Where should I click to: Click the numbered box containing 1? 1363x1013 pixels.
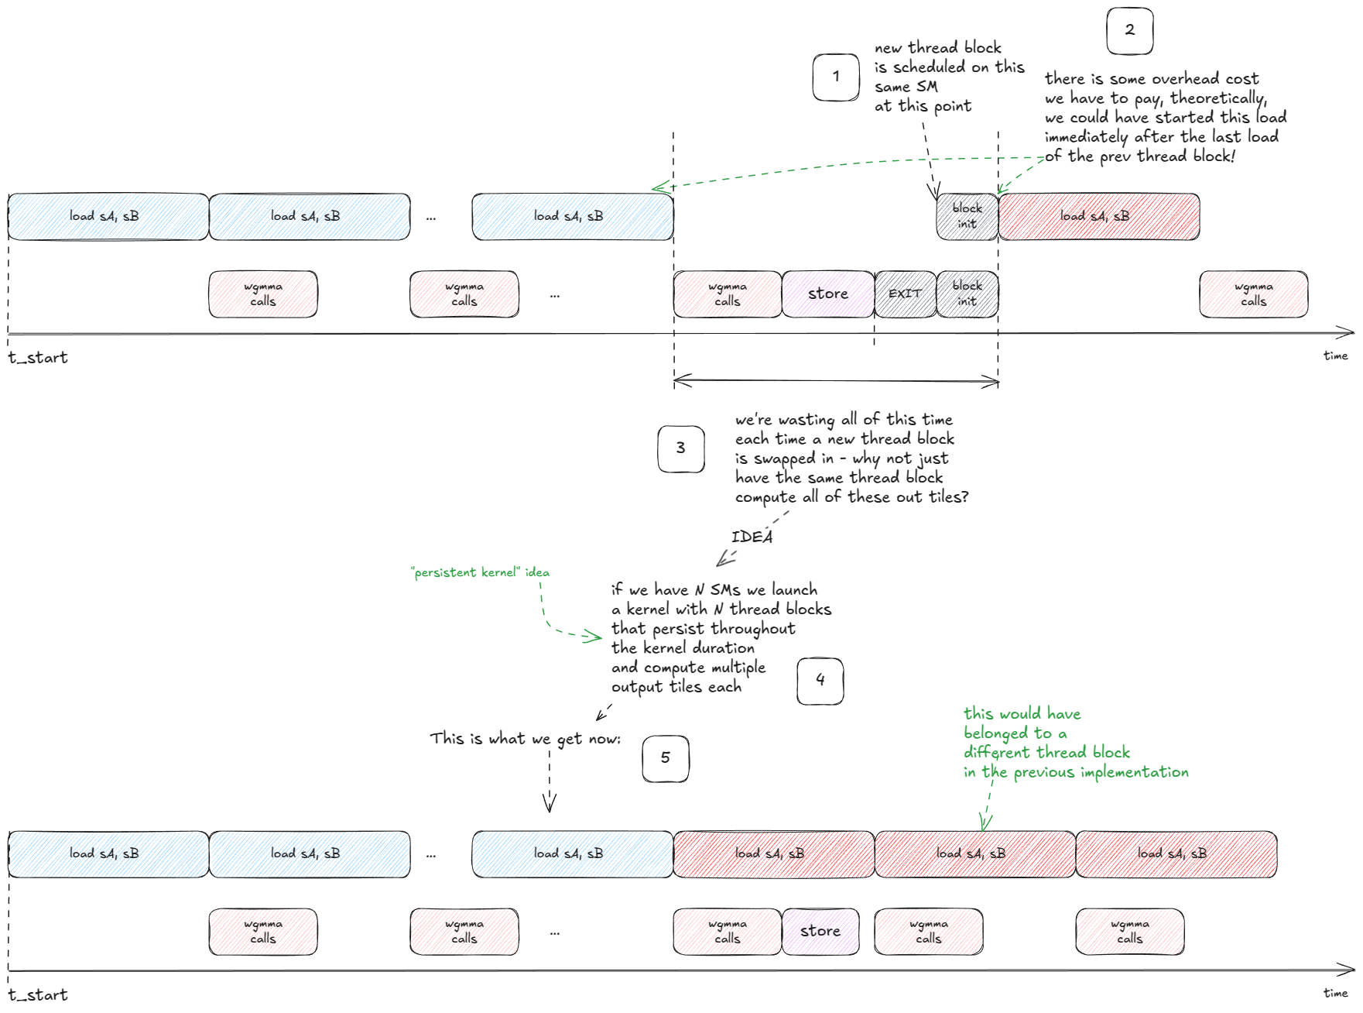click(836, 77)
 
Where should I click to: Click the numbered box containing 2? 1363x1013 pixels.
click(1130, 31)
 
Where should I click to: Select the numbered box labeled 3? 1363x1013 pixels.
click(680, 448)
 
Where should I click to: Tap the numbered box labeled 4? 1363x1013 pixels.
click(820, 681)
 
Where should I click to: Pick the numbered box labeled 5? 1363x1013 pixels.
click(665, 758)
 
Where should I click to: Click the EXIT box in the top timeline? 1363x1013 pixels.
click(905, 294)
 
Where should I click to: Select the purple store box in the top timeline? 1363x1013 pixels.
click(828, 294)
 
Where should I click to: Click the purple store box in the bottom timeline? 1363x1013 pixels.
click(820, 931)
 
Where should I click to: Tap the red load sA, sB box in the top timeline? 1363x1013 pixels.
click(1099, 217)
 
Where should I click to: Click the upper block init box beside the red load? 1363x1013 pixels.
click(967, 217)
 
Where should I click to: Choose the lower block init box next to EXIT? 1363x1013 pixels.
click(967, 294)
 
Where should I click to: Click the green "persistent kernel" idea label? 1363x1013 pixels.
click(480, 572)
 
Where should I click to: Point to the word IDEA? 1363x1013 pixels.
click(752, 537)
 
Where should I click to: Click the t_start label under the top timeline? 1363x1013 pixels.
click(38, 358)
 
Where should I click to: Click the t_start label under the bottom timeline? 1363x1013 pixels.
click(38, 995)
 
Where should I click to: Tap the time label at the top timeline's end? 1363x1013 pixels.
click(1335, 355)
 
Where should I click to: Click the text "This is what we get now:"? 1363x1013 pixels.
click(525, 739)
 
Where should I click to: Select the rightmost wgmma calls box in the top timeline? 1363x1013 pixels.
click(1253, 294)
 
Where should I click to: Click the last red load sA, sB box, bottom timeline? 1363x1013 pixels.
click(1176, 854)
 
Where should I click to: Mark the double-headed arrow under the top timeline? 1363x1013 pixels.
click(836, 380)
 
